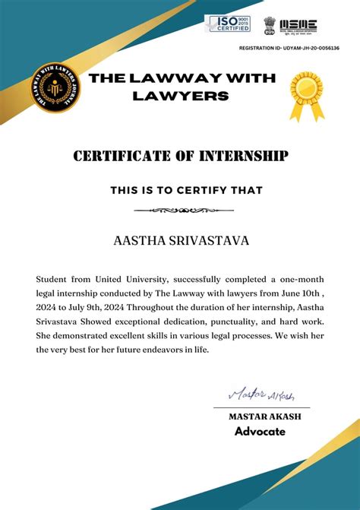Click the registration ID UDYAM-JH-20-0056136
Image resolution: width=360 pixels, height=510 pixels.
pos(289,49)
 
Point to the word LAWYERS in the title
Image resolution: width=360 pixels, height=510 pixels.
pos(180,96)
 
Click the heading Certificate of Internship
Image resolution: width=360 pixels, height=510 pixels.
pos(180,157)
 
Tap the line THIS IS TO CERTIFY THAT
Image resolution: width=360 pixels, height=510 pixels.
pos(180,190)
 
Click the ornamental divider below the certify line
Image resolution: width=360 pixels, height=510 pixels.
pos(180,210)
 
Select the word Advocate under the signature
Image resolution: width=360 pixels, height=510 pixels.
pos(260,432)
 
